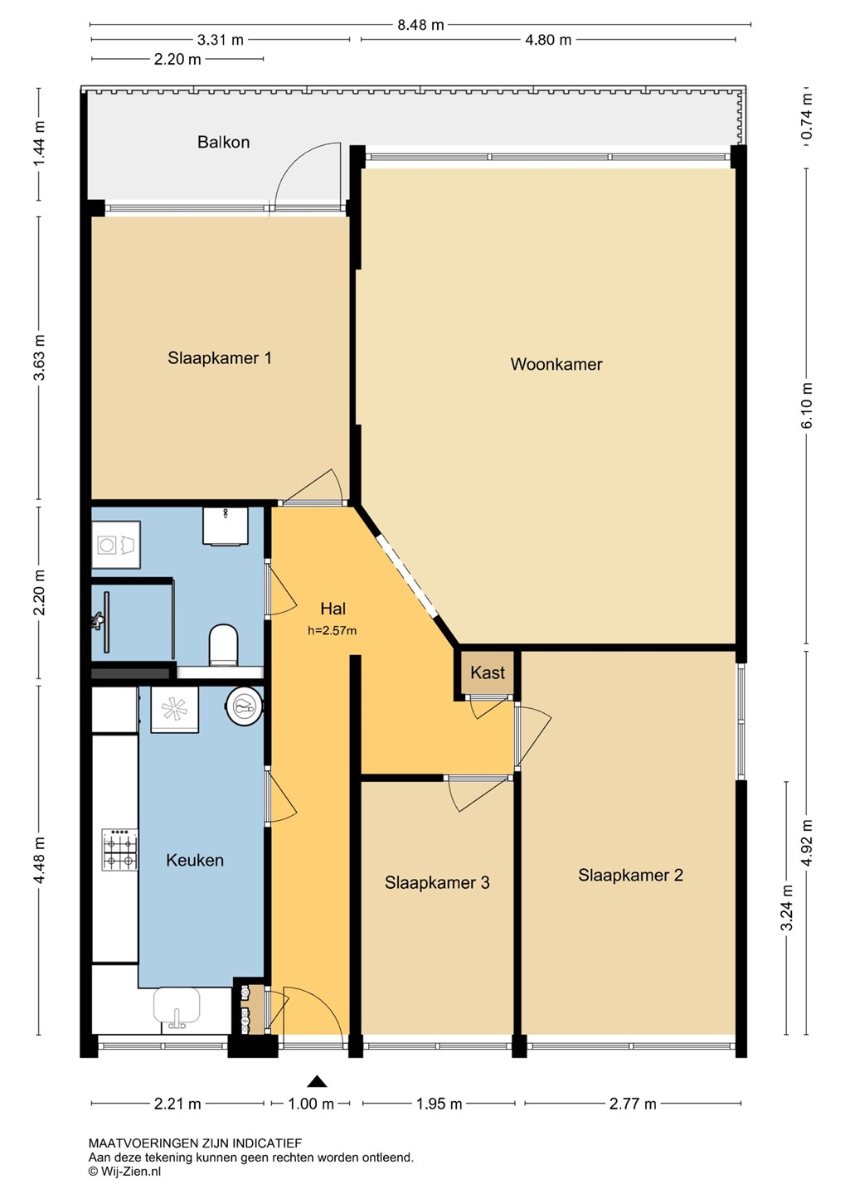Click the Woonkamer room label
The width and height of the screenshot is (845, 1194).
coord(556,364)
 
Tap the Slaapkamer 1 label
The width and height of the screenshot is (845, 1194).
coord(220,357)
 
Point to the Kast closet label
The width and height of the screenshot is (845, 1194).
coord(488,672)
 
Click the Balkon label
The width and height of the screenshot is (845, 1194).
coord(223,142)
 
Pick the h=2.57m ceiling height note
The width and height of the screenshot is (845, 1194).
coord(333,631)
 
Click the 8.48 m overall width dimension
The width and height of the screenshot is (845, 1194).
coord(420,25)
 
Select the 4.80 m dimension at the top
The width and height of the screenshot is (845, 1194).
coord(548,40)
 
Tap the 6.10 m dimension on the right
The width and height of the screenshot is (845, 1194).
coord(807,405)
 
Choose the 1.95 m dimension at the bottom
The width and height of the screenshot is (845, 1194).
coord(438,1104)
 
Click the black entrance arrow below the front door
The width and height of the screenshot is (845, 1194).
coord(317,1081)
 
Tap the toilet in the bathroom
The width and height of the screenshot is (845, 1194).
coord(223,645)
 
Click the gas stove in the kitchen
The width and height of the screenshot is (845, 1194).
coord(119,850)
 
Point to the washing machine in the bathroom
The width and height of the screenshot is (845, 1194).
coord(116,545)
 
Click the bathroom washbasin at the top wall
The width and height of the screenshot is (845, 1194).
coord(226,526)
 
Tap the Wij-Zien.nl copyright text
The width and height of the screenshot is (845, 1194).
coord(124,1171)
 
